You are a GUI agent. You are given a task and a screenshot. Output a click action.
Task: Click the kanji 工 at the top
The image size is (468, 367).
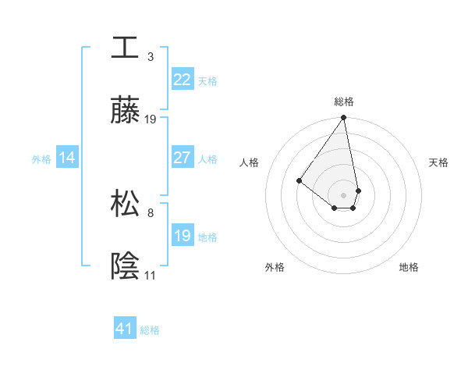click(x=125, y=47)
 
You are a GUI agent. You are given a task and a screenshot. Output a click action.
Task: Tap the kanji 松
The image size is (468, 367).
click(x=125, y=203)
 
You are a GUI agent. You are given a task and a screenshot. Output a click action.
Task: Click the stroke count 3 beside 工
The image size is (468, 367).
click(x=151, y=56)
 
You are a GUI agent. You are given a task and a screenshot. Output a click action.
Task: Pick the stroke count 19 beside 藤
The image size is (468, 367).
click(x=151, y=119)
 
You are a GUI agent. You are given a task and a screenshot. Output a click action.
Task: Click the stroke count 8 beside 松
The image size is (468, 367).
click(x=151, y=212)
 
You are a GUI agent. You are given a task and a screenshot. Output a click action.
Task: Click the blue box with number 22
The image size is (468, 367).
click(x=182, y=80)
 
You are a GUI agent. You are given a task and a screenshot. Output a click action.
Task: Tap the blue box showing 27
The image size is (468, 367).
click(x=182, y=158)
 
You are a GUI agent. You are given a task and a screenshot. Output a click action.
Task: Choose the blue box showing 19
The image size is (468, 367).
click(x=182, y=236)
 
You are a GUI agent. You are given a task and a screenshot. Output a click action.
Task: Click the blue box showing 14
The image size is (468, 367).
click(x=67, y=158)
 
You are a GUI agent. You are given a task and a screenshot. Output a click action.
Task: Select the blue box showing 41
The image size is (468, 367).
click(x=125, y=329)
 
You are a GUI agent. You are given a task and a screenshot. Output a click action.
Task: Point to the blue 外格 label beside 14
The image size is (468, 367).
click(x=41, y=159)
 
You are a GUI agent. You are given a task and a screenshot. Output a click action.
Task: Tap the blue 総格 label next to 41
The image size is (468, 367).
click(x=150, y=330)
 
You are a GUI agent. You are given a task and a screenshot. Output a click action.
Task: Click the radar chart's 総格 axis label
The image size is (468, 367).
click(x=344, y=102)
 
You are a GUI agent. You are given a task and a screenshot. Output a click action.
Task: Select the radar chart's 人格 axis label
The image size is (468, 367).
click(x=250, y=162)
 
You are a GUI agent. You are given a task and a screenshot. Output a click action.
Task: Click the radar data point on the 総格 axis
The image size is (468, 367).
click(x=343, y=118)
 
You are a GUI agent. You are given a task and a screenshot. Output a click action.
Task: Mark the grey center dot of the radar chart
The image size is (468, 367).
click(x=343, y=194)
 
